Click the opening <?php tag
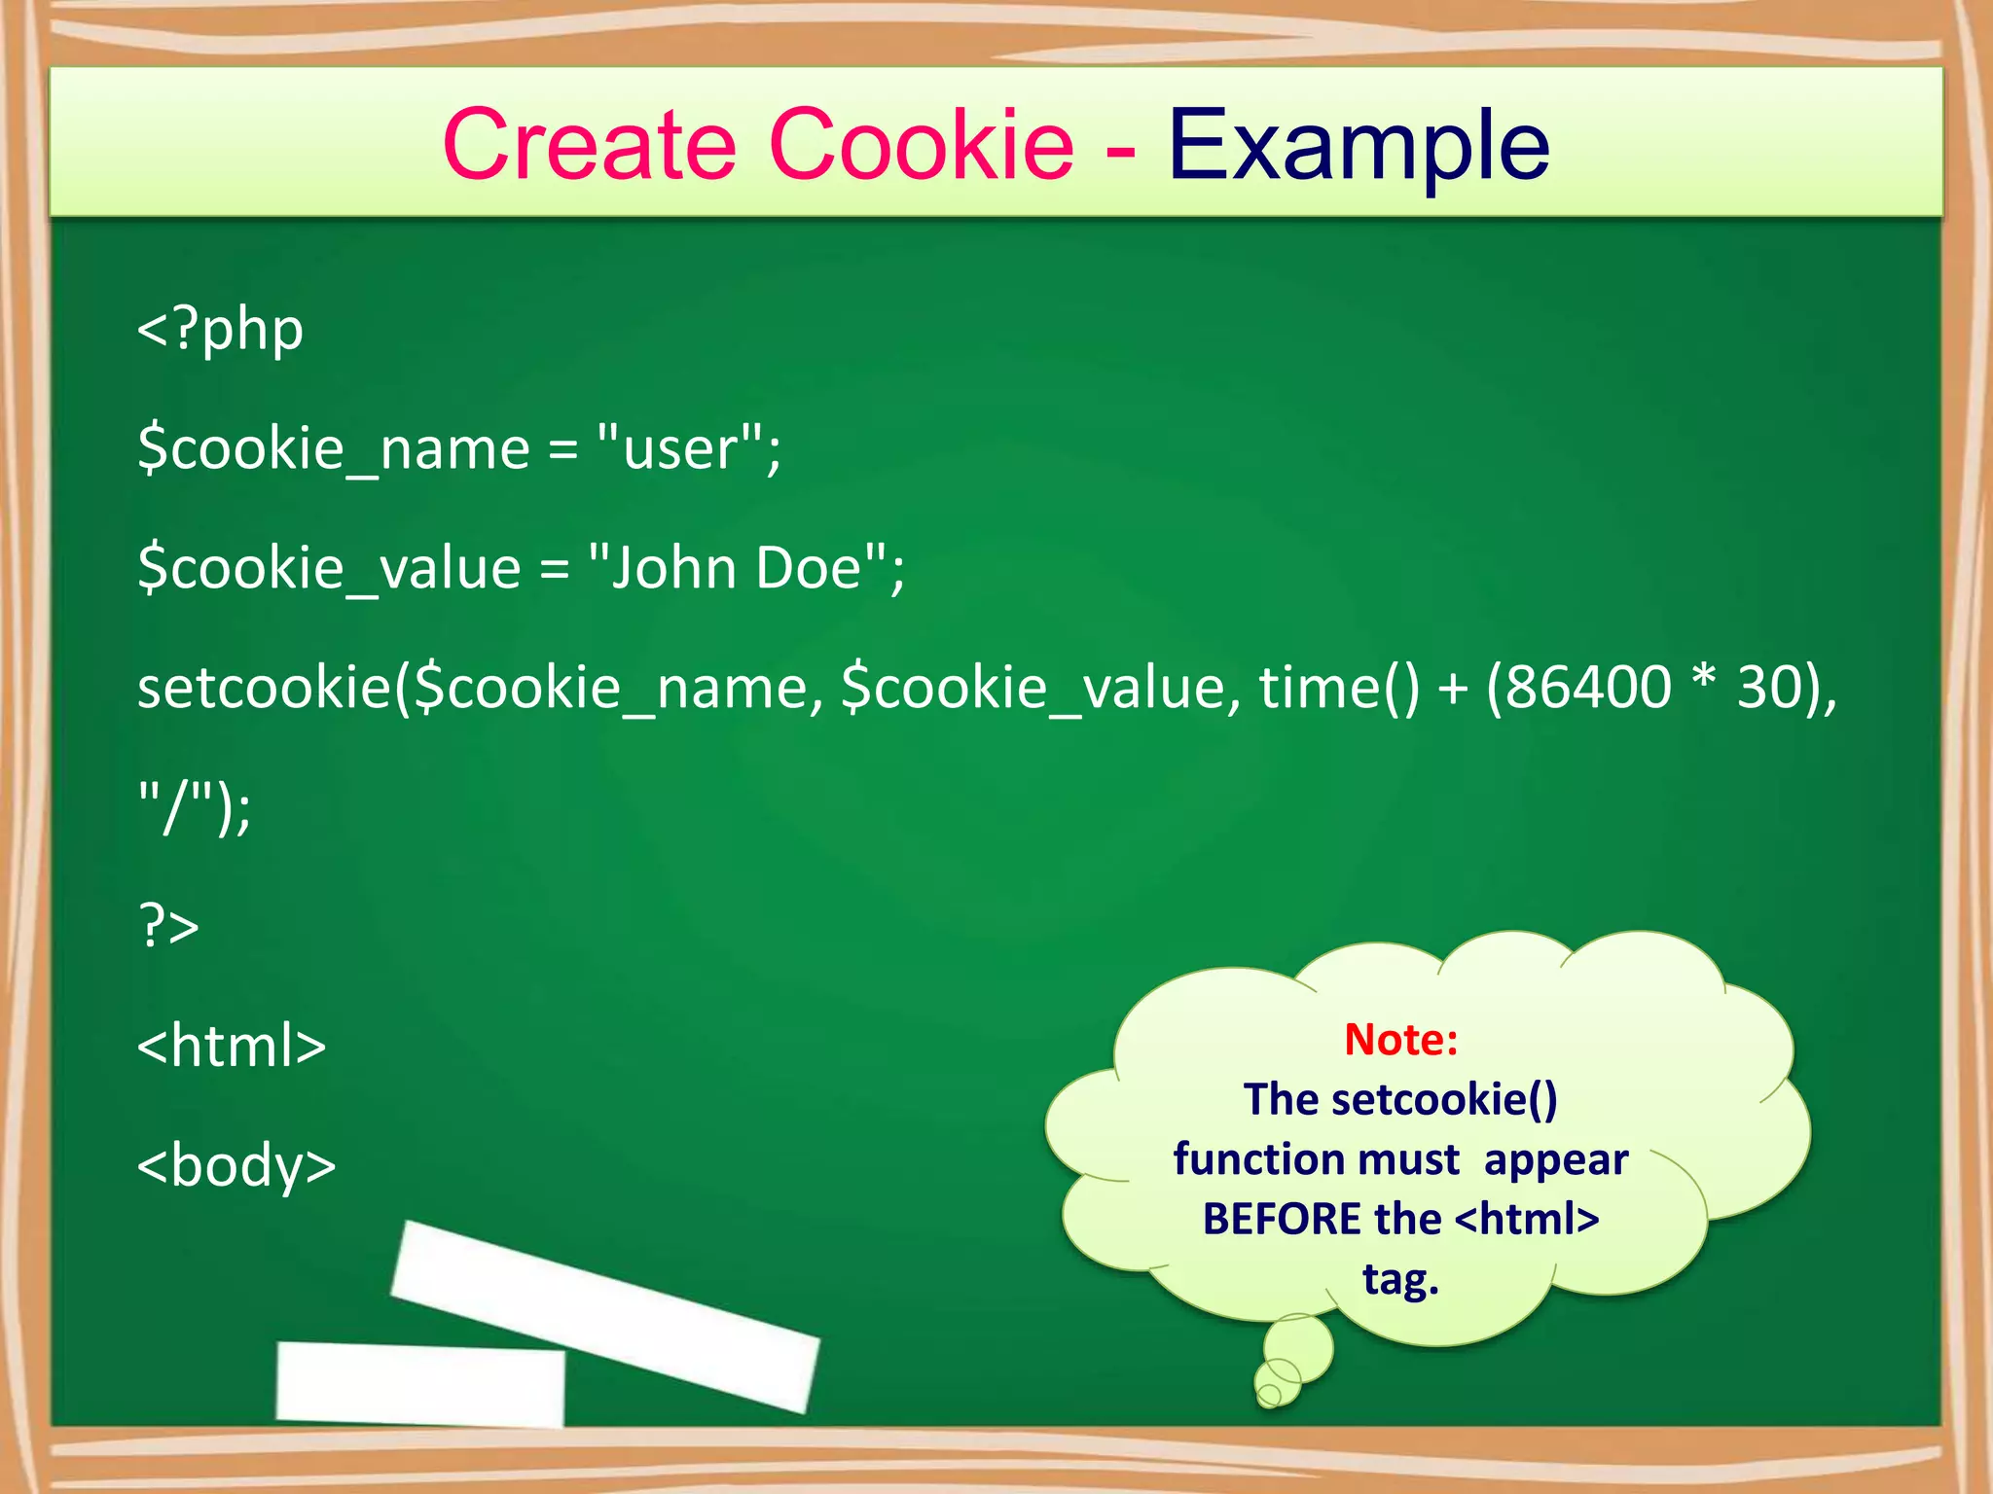click(x=220, y=330)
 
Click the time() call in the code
click(x=1339, y=687)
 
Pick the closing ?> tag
click(x=168, y=925)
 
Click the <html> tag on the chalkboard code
click(x=232, y=1046)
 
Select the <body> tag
click(x=236, y=1164)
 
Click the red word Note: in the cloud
click(x=1400, y=1040)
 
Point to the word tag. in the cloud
click(x=1400, y=1279)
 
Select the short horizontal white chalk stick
click(x=419, y=1384)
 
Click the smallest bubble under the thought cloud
click(x=1269, y=1396)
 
